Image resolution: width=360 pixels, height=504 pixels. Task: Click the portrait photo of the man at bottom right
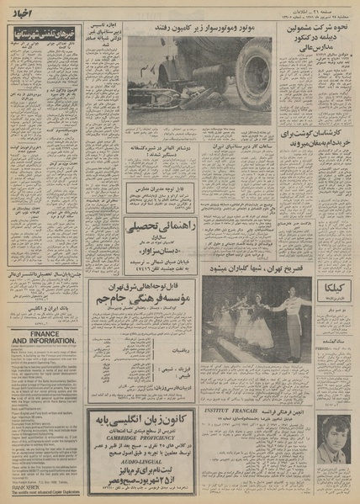click(x=330, y=439)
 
